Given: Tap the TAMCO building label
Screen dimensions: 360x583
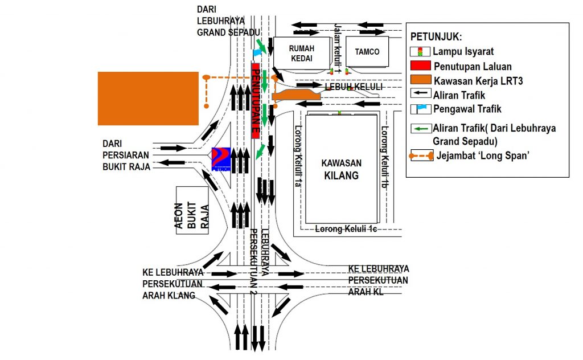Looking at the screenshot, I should tap(367, 52).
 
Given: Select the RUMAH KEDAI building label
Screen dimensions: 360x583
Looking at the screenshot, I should tap(301, 53).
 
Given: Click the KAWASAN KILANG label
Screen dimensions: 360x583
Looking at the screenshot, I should tap(342, 169).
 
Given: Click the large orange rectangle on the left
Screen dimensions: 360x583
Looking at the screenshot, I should tap(148, 99).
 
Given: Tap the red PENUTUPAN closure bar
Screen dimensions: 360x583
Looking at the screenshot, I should tap(257, 101).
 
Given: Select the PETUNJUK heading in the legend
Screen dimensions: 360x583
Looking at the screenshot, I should tap(436, 37).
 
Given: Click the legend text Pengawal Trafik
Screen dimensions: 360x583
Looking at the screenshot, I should tap(467, 108).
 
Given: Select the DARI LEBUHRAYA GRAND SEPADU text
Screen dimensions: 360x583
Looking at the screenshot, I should tap(228, 21).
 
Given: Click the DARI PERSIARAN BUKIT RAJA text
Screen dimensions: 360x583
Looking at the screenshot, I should tap(126, 155).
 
